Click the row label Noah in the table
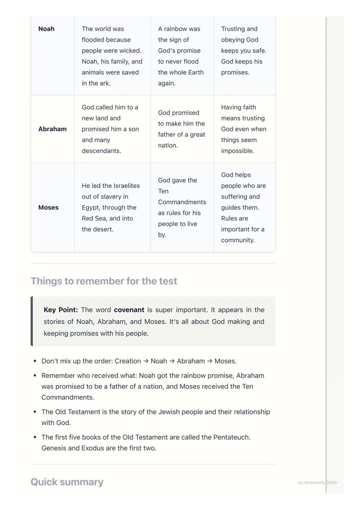pyautogui.click(x=47, y=29)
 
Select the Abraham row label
pyautogui.click(x=52, y=129)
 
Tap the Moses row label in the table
pyautogui.click(x=48, y=208)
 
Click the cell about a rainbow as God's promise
pyautogui.click(x=181, y=56)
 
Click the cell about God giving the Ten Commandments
pyautogui.click(x=181, y=208)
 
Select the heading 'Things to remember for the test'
pyautogui.click(x=104, y=281)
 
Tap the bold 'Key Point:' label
pyautogui.click(x=61, y=310)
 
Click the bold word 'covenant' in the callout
pyautogui.click(x=129, y=310)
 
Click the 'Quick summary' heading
pyautogui.click(x=67, y=482)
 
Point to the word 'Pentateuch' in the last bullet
pyautogui.click(x=231, y=437)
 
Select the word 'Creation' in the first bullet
pyautogui.click(x=128, y=361)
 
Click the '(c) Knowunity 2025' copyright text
pyautogui.click(x=317, y=482)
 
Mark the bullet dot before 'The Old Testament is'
pyautogui.click(x=35, y=412)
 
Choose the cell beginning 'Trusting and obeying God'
pyautogui.click(x=243, y=51)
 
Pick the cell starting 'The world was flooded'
pyautogui.click(x=112, y=56)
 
